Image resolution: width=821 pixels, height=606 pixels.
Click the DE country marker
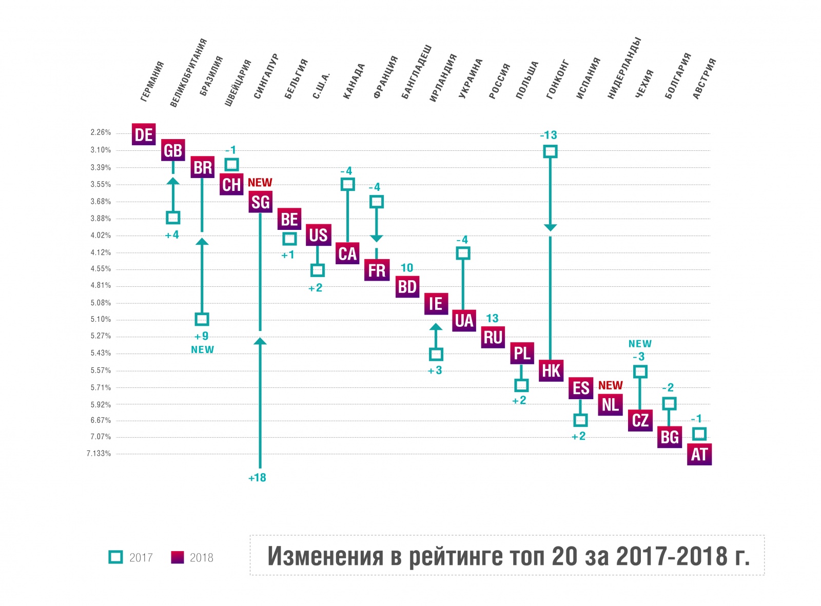point(144,134)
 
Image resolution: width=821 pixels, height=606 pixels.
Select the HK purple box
point(551,370)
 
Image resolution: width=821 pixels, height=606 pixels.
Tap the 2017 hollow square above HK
point(550,151)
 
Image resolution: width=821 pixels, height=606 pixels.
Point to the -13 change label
point(548,135)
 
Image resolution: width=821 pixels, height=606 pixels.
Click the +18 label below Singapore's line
point(257,478)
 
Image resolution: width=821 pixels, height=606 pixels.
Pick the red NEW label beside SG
point(260,183)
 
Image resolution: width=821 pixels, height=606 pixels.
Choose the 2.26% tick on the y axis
point(101,132)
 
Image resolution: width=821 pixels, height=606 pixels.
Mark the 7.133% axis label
point(99,454)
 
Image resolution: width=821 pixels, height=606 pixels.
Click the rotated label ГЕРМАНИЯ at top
point(152,81)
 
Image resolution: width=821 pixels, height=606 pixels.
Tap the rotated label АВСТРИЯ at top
point(704,79)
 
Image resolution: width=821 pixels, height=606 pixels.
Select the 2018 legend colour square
point(177,557)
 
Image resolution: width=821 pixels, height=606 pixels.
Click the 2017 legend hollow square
point(116,557)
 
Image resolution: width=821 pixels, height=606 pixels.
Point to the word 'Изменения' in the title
point(325,556)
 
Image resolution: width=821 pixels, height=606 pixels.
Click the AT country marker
point(699,455)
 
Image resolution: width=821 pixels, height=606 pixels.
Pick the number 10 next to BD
point(407,268)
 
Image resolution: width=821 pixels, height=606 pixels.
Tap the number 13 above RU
point(492,319)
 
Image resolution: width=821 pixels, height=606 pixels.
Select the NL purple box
point(610,405)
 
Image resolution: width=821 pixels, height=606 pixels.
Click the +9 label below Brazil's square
point(202,337)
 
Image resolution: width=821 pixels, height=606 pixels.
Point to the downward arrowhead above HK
point(550,227)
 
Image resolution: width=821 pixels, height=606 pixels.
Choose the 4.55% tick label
point(101,269)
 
